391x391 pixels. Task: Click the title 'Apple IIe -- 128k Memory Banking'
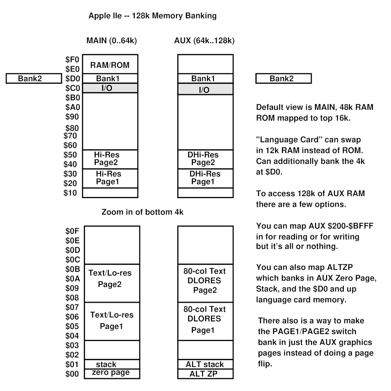153,16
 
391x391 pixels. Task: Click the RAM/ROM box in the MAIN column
110,65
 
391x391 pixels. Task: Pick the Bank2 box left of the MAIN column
34,79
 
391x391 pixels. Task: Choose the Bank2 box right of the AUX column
283,79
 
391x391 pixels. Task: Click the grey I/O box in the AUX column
205,89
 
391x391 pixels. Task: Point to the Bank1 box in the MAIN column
110,79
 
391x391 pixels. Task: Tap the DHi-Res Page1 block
205,178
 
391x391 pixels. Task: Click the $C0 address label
71,88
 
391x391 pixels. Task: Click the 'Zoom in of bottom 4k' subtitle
142,213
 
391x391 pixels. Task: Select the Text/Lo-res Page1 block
112,321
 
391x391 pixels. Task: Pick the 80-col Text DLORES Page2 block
205,281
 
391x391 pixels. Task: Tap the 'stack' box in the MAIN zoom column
112,364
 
